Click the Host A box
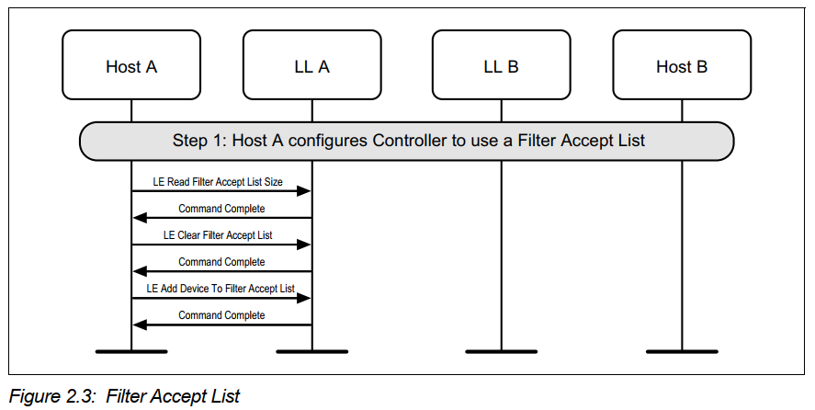click(131, 65)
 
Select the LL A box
click(311, 65)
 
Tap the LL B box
click(501, 65)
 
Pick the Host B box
click(681, 65)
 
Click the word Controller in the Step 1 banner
click(413, 141)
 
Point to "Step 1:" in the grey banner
click(198, 141)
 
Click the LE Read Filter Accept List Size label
click(218, 182)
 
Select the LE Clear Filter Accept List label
click(218, 235)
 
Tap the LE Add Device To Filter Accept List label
click(221, 289)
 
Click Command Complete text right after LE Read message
click(221, 209)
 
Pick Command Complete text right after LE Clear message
click(221, 262)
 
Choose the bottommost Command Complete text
click(221, 315)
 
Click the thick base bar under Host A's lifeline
click(131, 350)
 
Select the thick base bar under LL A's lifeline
click(311, 350)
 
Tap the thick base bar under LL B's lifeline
click(501, 350)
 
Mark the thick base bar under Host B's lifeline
click(681, 350)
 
